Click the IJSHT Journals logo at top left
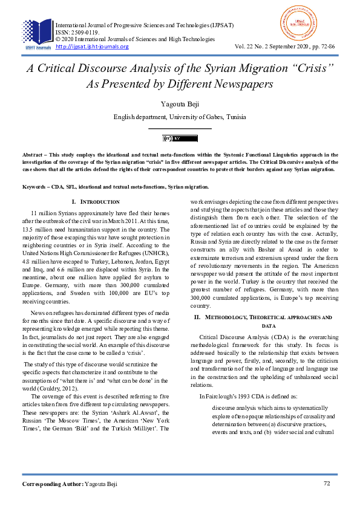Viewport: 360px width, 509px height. click(38, 33)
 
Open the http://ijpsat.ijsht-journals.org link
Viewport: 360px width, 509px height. click(92, 47)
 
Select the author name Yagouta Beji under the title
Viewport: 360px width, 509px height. click(180, 105)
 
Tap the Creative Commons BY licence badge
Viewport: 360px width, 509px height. click(180, 138)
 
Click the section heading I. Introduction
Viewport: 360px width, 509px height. click(96, 201)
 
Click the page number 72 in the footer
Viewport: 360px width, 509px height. click(327, 484)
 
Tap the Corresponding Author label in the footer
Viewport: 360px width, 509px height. click(53, 484)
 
